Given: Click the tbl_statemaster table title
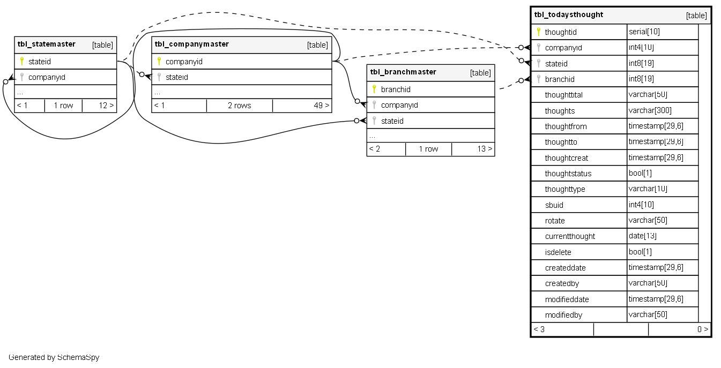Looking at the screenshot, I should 47,44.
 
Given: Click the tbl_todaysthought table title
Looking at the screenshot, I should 569,15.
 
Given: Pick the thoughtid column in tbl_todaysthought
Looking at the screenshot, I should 561,32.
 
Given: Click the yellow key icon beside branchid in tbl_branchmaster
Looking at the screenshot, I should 374,89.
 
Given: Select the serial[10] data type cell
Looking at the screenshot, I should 644,32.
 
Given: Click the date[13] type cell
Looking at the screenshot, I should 642,236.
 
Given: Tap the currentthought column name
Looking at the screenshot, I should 570,236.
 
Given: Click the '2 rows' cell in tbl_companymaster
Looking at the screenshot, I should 239,106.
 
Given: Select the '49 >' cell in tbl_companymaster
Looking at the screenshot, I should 321,106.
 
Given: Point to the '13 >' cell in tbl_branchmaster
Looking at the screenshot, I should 485,149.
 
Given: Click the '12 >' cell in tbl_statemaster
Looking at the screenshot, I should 106,106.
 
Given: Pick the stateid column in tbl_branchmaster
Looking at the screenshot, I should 392,121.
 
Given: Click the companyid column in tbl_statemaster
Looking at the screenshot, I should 47,77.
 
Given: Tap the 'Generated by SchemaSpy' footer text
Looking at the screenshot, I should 54,357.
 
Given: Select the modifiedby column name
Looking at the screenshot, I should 563,315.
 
